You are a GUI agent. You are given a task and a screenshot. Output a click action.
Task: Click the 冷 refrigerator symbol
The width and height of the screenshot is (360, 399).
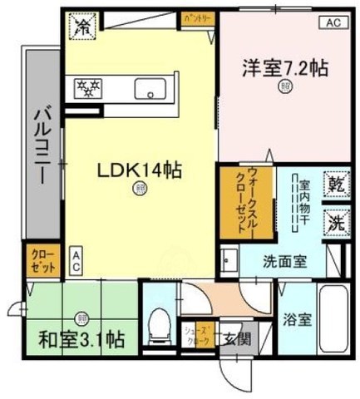83,27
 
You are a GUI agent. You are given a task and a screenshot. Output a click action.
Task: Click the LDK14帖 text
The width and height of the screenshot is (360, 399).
139,170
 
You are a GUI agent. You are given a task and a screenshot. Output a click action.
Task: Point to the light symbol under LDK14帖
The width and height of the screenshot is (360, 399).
138,190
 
